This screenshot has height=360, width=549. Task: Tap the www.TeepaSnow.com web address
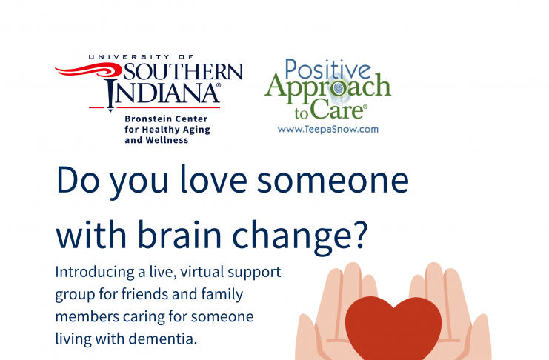(x=328, y=130)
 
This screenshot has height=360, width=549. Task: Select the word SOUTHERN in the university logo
(x=183, y=72)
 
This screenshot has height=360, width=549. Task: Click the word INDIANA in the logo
(x=163, y=93)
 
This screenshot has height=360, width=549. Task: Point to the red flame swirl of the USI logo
(x=87, y=70)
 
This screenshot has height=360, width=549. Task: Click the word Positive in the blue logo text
(x=327, y=69)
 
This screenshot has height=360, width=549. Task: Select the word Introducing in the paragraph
(x=95, y=273)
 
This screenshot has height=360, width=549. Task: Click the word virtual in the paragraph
(x=202, y=272)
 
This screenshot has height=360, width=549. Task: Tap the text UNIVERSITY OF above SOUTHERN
(x=141, y=57)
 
